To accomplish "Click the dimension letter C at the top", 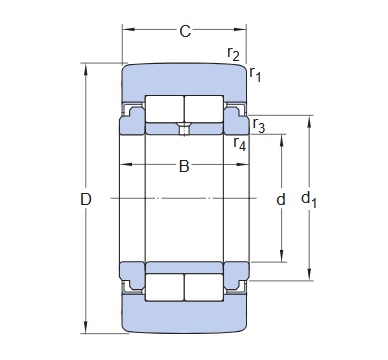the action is click(x=185, y=31).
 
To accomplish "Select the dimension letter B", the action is click(x=184, y=166).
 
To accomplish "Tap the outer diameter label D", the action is click(x=86, y=199).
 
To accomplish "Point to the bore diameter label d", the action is click(x=281, y=199).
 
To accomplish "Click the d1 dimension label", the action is click(x=309, y=200).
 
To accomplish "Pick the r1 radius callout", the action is click(x=255, y=74).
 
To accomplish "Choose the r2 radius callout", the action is click(x=233, y=53).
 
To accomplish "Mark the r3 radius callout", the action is click(x=259, y=125).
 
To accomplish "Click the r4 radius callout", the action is click(x=240, y=143).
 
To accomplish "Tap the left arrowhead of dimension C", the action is click(x=128, y=29).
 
